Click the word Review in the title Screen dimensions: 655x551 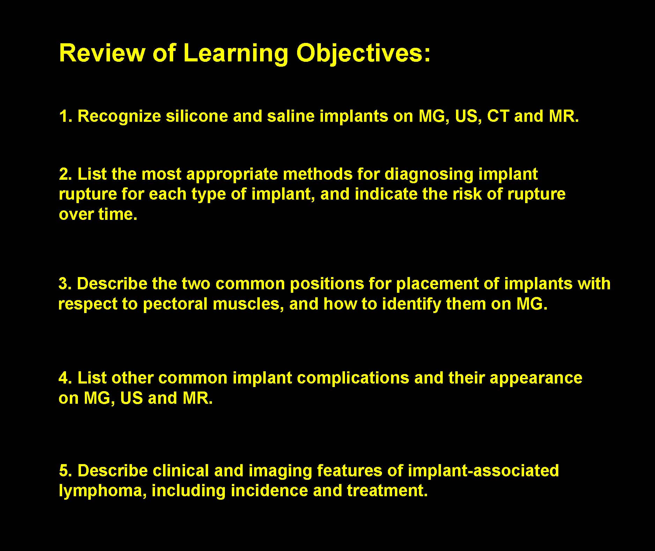click(102, 53)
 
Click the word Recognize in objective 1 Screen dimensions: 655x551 click(119, 117)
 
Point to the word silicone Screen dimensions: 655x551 click(197, 116)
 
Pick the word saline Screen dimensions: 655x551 click(291, 116)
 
